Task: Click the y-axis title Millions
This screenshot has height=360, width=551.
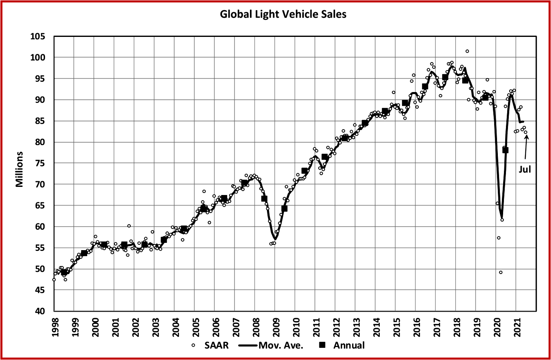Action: [19, 169]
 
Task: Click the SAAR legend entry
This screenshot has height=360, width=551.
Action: [211, 345]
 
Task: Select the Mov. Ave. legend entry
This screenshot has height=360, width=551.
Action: [276, 345]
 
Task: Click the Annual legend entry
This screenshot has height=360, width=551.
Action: [343, 345]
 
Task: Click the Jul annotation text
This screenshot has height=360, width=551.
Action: [525, 170]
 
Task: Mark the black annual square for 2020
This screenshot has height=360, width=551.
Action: [506, 150]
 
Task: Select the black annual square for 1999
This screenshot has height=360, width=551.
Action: [84, 253]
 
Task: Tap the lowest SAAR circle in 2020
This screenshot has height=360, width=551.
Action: [501, 272]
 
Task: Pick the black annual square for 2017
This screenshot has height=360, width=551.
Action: [445, 77]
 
